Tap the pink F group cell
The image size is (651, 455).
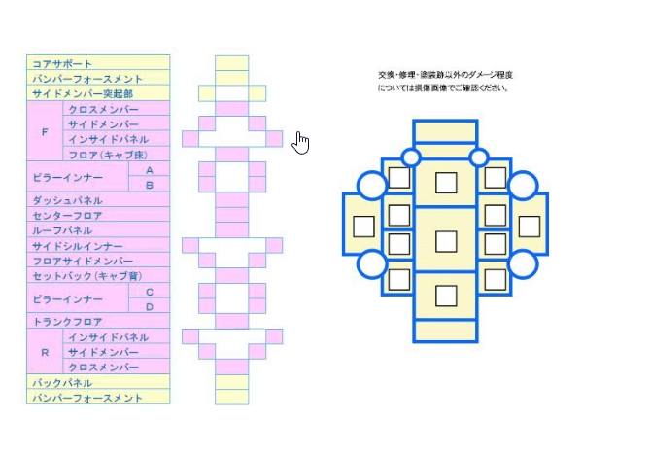[45, 131]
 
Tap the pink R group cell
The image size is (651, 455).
[45, 352]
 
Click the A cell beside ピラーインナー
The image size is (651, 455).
[150, 170]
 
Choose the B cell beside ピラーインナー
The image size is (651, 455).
[150, 185]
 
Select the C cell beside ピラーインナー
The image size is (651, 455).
[150, 292]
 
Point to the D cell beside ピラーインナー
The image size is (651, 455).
[150, 306]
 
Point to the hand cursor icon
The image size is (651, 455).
[301, 143]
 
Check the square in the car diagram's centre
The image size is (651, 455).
[446, 239]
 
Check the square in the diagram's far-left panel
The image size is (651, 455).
[363, 227]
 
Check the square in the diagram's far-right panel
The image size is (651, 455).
[529, 227]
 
